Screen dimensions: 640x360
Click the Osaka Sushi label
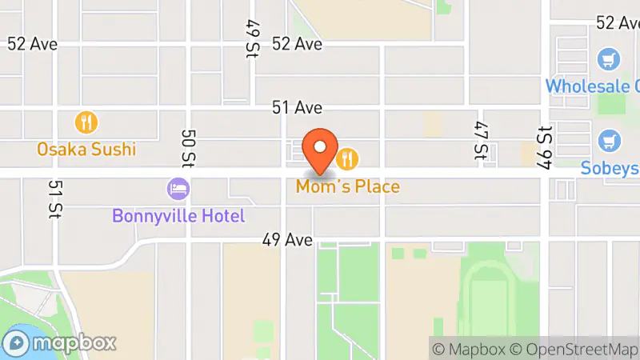pyautogui.click(x=86, y=149)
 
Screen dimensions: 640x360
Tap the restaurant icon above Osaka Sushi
pyautogui.click(x=86, y=123)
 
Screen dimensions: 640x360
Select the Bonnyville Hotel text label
pyautogui.click(x=178, y=215)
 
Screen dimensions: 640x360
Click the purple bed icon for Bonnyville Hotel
pyautogui.click(x=178, y=190)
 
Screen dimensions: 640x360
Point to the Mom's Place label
pyautogui.click(x=348, y=187)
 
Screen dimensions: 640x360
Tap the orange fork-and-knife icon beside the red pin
pyautogui.click(x=346, y=159)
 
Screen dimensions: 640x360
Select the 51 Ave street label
pyautogui.click(x=297, y=107)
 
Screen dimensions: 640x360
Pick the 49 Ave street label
pyautogui.click(x=286, y=239)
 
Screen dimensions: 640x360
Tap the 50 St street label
pyautogui.click(x=188, y=149)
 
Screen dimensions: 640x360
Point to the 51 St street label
pyautogui.click(x=54, y=199)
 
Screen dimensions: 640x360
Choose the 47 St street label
pyautogui.click(x=480, y=141)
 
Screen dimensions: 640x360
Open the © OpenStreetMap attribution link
pyautogui.click(x=575, y=349)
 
